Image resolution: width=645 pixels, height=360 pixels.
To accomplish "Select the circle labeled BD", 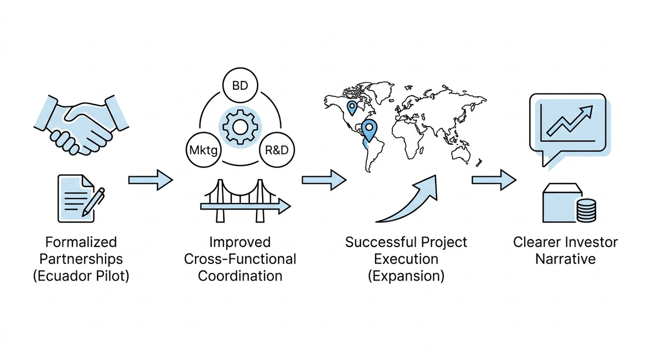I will click(x=239, y=85).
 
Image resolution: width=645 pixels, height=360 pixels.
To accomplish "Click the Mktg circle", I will click(x=203, y=149).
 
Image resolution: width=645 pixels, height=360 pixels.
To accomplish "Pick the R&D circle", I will click(x=277, y=149).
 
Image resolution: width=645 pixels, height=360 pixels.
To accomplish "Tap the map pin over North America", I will click(x=352, y=106).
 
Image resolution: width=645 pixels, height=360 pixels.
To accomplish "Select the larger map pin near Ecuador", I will click(x=369, y=129).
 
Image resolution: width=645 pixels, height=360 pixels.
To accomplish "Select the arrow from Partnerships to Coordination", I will click(x=150, y=179).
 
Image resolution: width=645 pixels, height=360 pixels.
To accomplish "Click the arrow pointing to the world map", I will click(x=324, y=179).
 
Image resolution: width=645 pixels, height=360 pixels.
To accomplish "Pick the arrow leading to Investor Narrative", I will click(x=494, y=179).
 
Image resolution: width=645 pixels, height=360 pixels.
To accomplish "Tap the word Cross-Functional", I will click(x=240, y=259).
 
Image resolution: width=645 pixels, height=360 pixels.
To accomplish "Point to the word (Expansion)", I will click(x=406, y=275).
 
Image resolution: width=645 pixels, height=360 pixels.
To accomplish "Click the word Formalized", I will click(x=81, y=242).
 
